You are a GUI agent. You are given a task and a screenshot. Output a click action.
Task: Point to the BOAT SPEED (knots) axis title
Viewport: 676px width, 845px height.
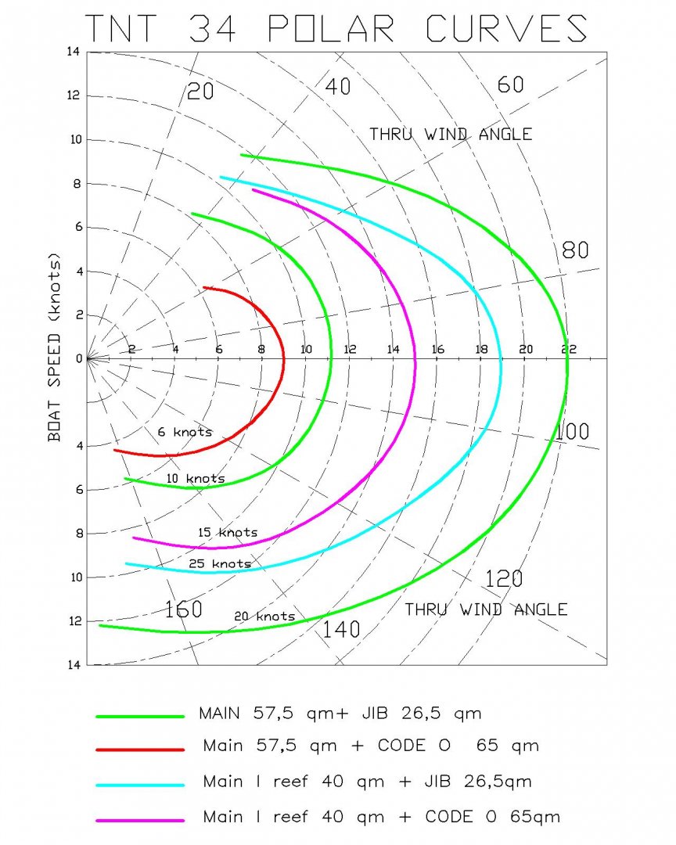coord(55,347)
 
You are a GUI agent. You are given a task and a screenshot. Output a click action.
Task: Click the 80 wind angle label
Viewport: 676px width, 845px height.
coord(575,250)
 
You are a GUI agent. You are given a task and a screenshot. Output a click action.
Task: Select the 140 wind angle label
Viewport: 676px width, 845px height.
coord(341,628)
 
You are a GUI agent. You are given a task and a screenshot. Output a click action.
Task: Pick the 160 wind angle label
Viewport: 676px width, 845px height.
coord(183,609)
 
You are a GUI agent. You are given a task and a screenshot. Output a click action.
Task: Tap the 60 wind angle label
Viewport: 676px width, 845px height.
coord(510,84)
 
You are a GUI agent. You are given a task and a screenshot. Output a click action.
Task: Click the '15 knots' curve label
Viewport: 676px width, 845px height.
coord(227,533)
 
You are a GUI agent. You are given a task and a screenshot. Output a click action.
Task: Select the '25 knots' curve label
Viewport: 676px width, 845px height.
coord(220,563)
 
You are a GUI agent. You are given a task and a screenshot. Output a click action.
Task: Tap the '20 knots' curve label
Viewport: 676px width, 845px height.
coord(264,617)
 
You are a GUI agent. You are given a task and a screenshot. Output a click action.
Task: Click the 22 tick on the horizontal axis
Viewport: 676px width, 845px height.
coord(568,349)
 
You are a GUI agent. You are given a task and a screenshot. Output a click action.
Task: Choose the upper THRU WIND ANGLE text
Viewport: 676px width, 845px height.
coord(451,135)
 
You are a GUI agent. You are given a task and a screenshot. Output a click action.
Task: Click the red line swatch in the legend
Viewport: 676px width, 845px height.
coord(140,749)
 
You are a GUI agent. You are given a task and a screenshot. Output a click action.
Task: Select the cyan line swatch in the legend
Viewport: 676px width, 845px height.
coord(140,784)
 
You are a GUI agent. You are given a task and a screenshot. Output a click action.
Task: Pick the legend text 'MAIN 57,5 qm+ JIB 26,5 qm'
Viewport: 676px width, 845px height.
coord(340,714)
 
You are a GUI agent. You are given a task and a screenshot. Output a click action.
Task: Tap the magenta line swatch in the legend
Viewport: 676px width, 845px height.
coord(140,820)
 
